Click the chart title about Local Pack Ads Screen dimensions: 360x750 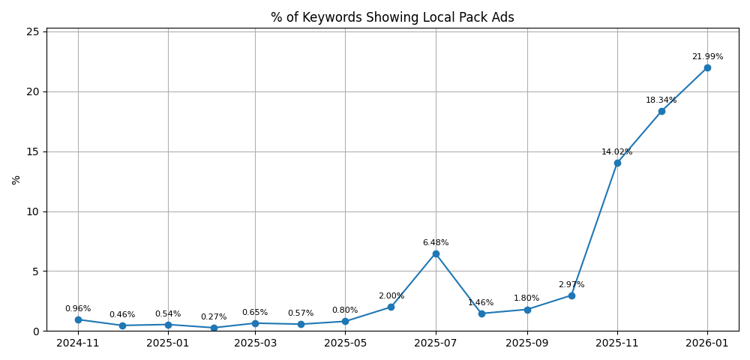pos(392,17)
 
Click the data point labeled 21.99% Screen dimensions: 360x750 pos(707,67)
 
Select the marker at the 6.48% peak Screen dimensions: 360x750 pos(436,253)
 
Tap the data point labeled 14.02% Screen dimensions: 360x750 pos(617,163)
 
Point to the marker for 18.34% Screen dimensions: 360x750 pos(661,111)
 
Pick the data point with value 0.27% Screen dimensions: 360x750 pos(214,328)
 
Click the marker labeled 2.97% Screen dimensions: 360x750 pos(571,295)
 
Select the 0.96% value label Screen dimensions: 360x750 pos(78,309)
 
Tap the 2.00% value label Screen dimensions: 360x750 pos(391,296)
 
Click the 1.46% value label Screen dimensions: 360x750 pos(481,303)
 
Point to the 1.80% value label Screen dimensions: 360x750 pos(526,298)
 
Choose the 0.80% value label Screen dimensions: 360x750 pos(345,310)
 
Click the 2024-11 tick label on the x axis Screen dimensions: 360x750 pos(78,343)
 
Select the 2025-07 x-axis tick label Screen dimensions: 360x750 pos(436,343)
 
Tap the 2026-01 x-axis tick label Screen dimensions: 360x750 pos(707,343)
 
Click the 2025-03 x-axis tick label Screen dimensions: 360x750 pos(255,343)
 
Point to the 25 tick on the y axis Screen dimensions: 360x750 pos(33,31)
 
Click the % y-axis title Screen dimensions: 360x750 pos(16,180)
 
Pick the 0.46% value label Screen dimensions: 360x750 pos(122,315)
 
